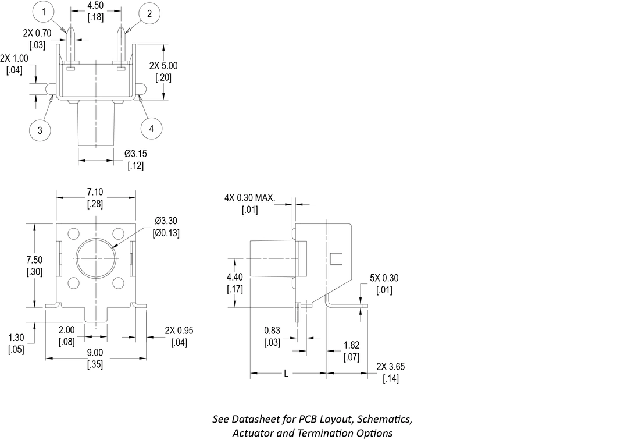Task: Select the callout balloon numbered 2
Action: (x=149, y=13)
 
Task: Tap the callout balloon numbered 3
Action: (x=40, y=130)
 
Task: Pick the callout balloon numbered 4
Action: (x=152, y=129)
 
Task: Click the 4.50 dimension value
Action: (x=96, y=6)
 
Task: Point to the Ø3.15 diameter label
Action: (x=135, y=154)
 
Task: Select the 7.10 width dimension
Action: (x=95, y=192)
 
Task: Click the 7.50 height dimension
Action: (x=35, y=259)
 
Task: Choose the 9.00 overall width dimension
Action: (x=95, y=353)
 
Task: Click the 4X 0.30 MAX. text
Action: (x=249, y=198)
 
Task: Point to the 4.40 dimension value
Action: (x=235, y=277)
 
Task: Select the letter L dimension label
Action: (x=286, y=374)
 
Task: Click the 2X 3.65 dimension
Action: (x=390, y=367)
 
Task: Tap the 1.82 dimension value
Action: (x=352, y=345)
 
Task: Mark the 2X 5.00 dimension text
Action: (x=163, y=66)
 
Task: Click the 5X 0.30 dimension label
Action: (x=384, y=278)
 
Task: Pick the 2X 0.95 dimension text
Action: (x=179, y=331)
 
